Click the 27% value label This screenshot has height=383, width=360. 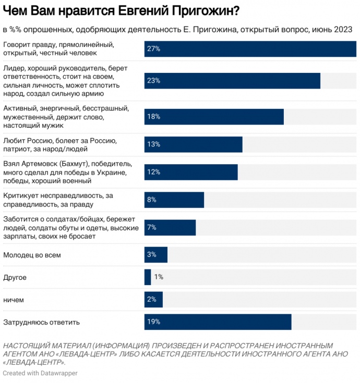(153, 48)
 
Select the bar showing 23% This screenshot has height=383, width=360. (232, 81)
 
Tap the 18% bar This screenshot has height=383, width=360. (214, 117)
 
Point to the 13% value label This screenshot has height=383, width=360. (153, 144)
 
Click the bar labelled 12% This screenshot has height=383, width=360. (191, 172)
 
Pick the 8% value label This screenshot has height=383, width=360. (152, 200)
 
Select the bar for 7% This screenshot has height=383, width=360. (170, 228)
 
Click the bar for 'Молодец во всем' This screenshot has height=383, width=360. (156, 255)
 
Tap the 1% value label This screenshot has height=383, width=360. (159, 277)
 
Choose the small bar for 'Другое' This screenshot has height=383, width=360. (148, 277)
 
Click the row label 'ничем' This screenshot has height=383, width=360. (14, 300)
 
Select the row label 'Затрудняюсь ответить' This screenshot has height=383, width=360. (41, 322)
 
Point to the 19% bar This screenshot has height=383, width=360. (218, 322)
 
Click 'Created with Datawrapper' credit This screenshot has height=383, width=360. (36, 373)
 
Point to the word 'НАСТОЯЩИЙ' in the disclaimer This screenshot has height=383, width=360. (25, 345)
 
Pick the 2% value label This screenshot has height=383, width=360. (152, 300)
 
